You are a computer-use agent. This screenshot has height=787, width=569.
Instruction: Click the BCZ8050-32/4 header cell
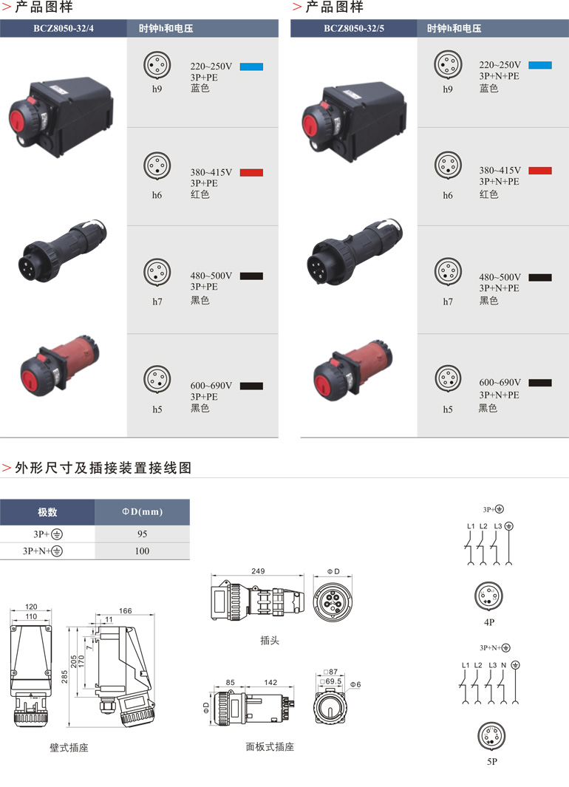tap(64, 28)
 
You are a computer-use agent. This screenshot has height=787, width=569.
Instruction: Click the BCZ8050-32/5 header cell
tap(354, 28)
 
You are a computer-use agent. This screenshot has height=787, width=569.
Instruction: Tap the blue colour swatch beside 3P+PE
tap(251, 67)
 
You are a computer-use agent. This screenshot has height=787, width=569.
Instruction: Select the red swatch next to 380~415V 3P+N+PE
tap(540, 170)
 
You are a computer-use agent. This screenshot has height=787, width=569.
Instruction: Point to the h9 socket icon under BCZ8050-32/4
tap(157, 65)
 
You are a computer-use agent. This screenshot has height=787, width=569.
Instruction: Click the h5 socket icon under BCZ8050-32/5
tap(448, 378)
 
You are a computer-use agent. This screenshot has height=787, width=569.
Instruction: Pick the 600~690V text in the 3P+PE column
tap(211, 386)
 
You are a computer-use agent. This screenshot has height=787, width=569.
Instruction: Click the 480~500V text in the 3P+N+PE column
tap(500, 277)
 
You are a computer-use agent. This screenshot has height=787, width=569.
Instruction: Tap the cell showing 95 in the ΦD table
tap(143, 534)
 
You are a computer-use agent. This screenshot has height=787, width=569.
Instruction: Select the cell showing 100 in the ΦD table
tap(142, 551)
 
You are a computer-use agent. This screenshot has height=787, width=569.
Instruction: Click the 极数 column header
tap(47, 512)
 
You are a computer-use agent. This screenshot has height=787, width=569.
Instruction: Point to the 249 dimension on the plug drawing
tap(258, 571)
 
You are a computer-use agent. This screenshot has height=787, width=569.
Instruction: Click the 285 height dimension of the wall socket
tap(64, 677)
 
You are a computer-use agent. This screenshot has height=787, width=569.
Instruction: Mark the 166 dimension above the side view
tap(126, 611)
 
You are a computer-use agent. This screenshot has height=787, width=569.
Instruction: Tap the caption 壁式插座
tap(69, 748)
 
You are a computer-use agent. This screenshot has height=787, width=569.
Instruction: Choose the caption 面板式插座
tap(270, 747)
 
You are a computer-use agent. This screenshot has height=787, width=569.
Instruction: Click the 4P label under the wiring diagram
tap(489, 622)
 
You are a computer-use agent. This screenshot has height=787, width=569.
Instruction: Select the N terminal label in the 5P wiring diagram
tap(504, 665)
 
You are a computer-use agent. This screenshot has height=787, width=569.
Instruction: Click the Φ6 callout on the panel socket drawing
tap(355, 684)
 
